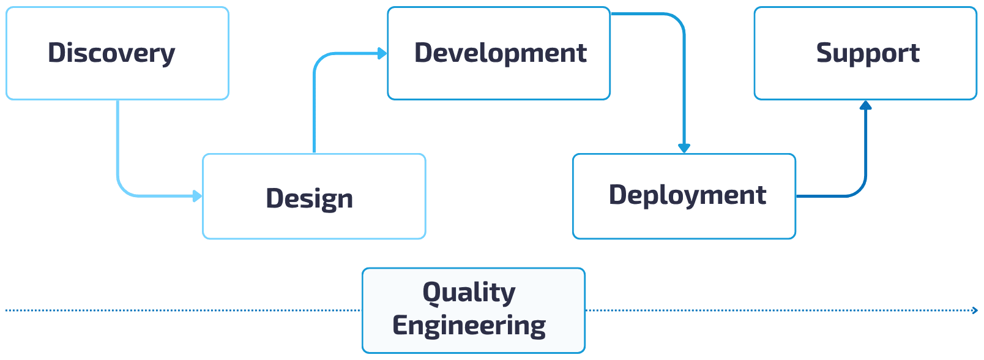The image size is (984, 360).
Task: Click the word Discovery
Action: coord(111,53)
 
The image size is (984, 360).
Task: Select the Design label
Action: coord(310,198)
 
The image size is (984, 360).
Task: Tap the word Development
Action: coord(501,53)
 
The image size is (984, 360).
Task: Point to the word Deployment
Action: coord(688,195)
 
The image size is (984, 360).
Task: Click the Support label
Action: coord(868,53)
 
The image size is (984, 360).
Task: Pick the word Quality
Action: coord(469,293)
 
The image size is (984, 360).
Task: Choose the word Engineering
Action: coord(469,325)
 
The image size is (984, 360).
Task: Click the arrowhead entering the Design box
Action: coord(197,196)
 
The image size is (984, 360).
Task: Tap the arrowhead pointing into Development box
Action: coord(382,54)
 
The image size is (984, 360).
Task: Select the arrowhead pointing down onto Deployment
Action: coord(684,148)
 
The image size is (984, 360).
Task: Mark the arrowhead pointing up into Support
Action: coord(865,105)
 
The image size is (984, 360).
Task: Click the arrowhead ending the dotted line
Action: coord(975,310)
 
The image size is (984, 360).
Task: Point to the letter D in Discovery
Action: coord(56,53)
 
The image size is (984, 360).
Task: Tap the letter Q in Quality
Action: coord(432,293)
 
